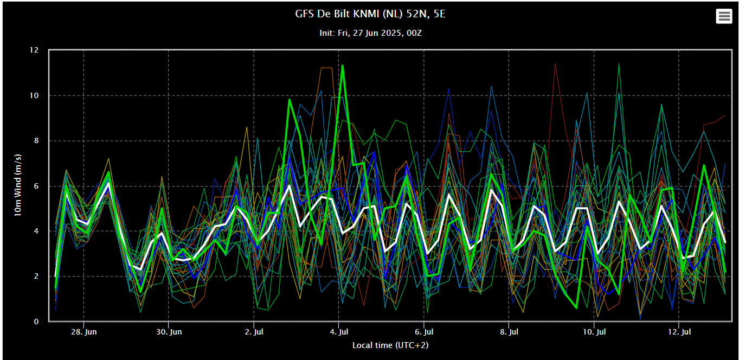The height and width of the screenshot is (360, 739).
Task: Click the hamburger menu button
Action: pyautogui.click(x=724, y=16)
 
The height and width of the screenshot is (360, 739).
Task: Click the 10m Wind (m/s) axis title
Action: pyautogui.click(x=18, y=185)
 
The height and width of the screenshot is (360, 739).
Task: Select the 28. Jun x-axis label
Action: pyautogui.click(x=83, y=331)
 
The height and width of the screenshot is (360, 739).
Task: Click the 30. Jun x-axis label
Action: pyautogui.click(x=169, y=331)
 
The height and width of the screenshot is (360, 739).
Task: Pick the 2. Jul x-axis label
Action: pyautogui.click(x=254, y=331)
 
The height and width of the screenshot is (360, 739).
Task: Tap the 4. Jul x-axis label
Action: pyautogui.click(x=339, y=331)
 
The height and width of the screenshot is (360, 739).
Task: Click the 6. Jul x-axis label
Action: pyautogui.click(x=424, y=331)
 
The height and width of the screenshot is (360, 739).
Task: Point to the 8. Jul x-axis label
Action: pyautogui.click(x=509, y=331)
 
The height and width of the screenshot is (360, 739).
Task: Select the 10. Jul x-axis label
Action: pyautogui.click(x=594, y=331)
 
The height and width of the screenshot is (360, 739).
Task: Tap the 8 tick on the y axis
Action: pyautogui.click(x=36, y=141)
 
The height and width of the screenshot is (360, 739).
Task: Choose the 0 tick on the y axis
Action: pyautogui.click(x=36, y=322)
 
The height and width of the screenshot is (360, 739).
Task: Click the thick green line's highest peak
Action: pyautogui.click(x=342, y=66)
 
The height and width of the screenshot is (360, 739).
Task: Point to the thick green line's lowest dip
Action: pyautogui.click(x=576, y=308)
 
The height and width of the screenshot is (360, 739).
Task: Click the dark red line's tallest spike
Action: pyautogui.click(x=555, y=63)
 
